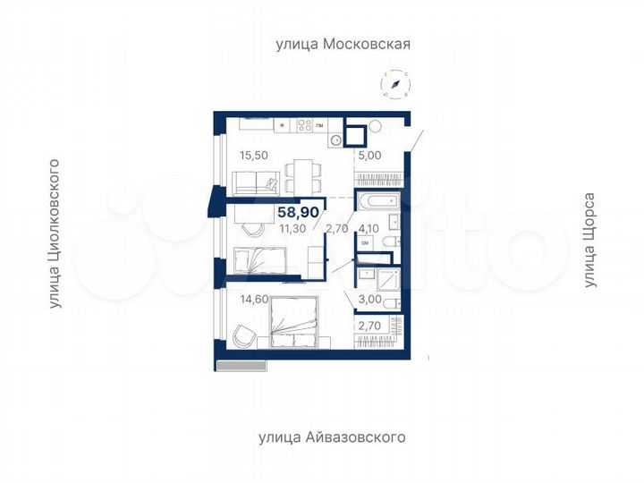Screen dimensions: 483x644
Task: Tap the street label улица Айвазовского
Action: pos(332,437)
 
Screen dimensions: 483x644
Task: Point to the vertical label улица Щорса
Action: pos(589,240)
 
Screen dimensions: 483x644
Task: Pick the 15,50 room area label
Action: pos(253,155)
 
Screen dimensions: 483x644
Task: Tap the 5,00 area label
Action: pos(369,155)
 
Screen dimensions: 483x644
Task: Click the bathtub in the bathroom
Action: pos(381,201)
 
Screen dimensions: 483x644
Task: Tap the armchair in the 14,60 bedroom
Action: pos(241,335)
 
